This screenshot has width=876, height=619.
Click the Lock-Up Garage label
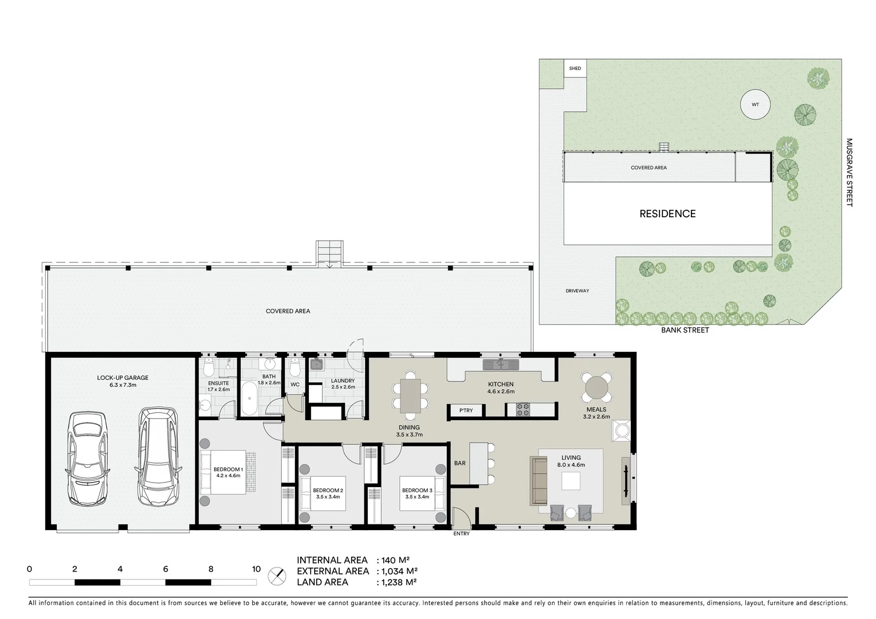[x=123, y=378]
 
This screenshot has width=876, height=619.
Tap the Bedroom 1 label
[x=228, y=469]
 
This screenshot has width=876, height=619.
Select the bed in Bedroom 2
[x=322, y=493]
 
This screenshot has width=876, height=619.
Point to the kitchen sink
[x=500, y=364]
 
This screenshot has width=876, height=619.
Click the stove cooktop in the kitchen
[x=523, y=409]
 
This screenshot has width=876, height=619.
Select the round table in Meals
[x=596, y=387]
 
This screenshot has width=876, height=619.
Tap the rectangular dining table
[x=410, y=395]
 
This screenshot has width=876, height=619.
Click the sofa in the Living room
[x=539, y=480]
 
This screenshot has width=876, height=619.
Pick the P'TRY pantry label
[x=466, y=410]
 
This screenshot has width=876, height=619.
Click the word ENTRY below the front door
[x=461, y=534]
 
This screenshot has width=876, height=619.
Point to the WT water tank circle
[x=755, y=105]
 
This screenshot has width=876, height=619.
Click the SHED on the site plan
[x=575, y=68]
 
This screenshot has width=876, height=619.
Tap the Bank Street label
[x=685, y=330]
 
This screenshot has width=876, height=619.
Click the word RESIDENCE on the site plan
[x=667, y=214]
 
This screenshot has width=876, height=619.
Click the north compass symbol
[x=277, y=575]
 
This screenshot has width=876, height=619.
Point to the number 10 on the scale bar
[x=256, y=569]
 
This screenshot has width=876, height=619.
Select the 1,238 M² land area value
[x=396, y=582]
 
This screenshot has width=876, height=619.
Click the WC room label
[x=295, y=385]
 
